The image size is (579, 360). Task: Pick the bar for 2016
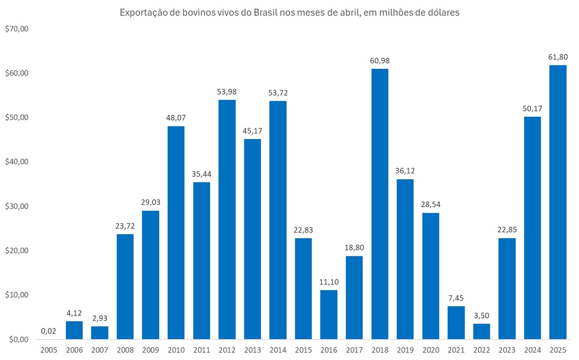[328, 314]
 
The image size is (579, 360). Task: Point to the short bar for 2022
[482, 331]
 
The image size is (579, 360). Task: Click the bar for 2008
[125, 286]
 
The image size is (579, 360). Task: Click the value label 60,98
[380, 61]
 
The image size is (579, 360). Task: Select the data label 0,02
[48, 330]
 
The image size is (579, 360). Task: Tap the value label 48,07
[176, 117]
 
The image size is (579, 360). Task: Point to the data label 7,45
[456, 298]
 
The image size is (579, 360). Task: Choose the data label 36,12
[405, 171]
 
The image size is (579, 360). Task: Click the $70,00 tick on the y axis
[15, 29]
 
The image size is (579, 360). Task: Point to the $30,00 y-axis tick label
[15, 206]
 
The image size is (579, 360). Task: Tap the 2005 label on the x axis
[49, 349]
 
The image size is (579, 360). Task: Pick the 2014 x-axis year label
[278, 349]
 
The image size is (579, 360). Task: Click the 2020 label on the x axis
[431, 349]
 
